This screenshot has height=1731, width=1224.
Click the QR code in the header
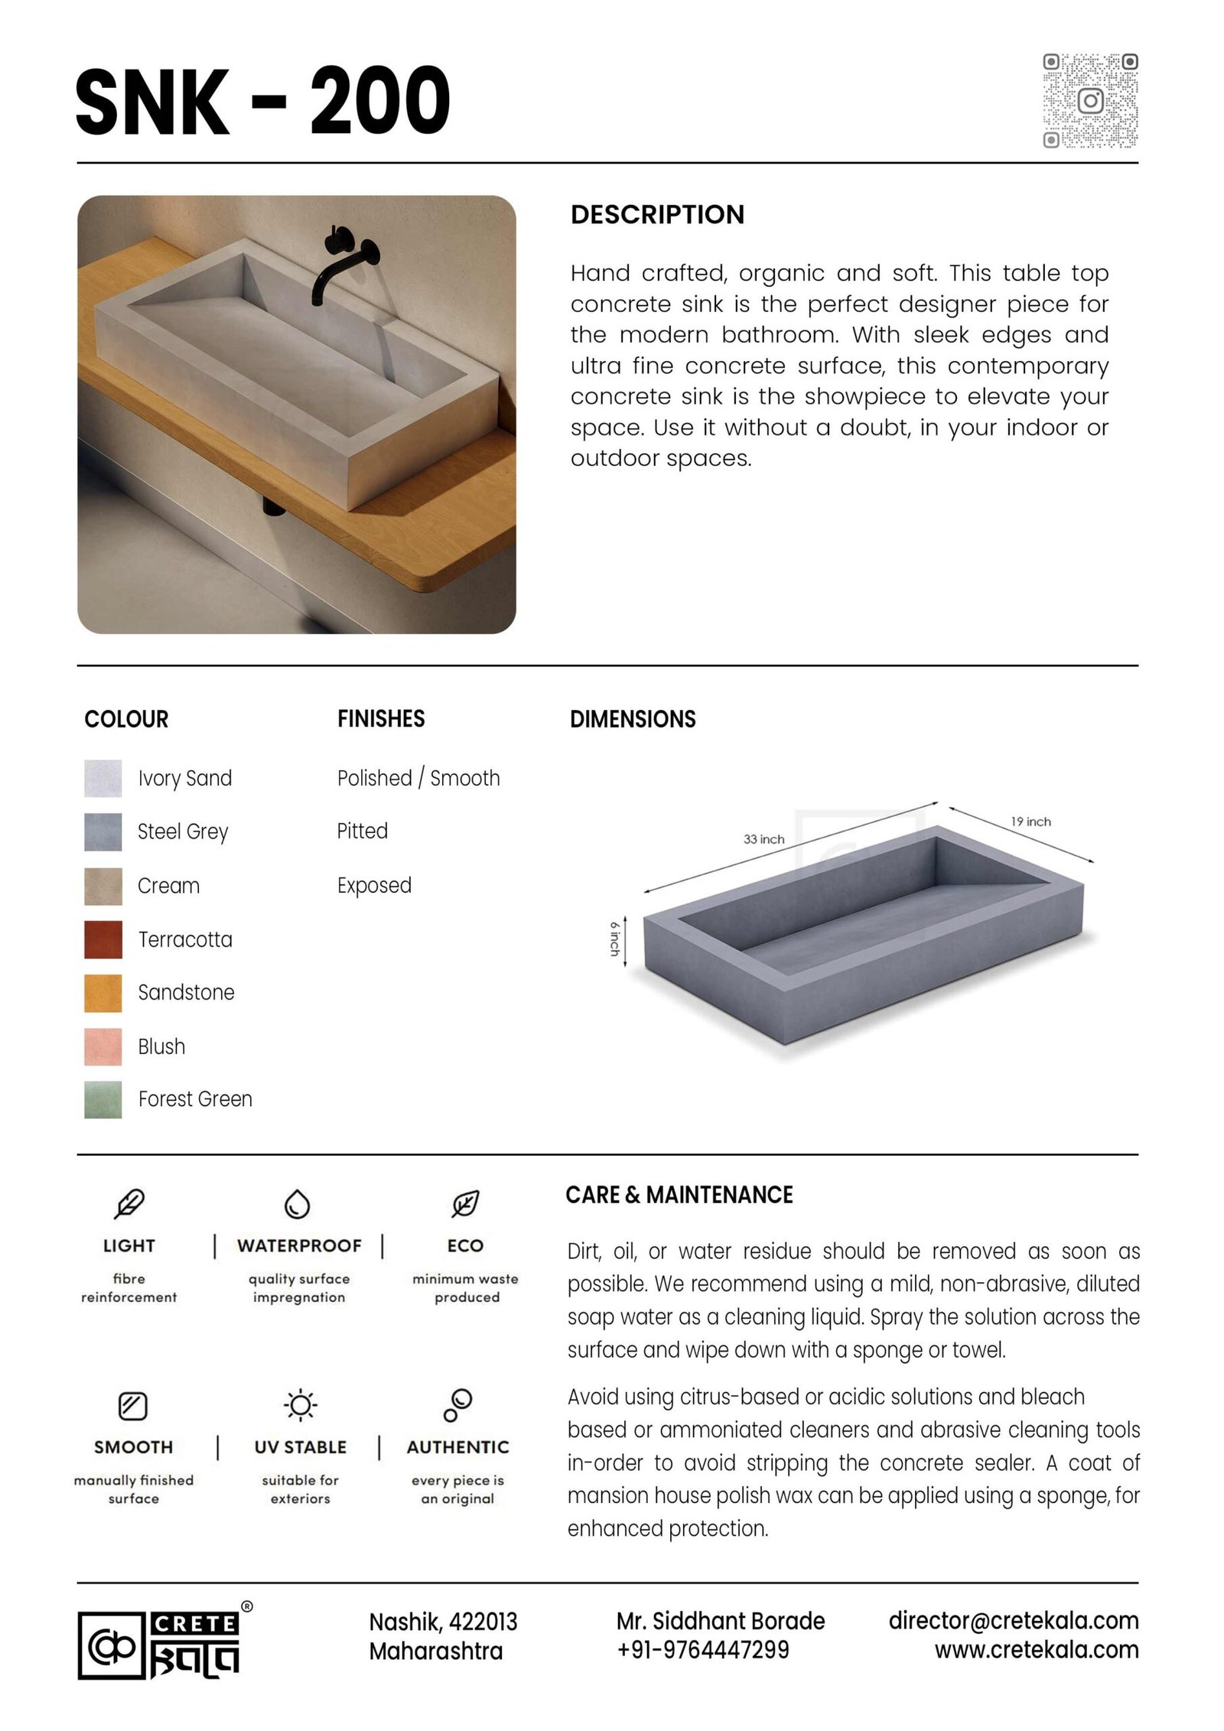(1090, 100)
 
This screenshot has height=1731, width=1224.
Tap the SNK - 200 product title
(262, 101)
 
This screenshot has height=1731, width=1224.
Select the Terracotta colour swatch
(103, 939)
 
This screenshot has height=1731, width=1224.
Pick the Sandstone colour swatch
(103, 993)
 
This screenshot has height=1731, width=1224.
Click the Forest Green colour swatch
(103, 1099)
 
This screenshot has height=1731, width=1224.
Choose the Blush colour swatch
(103, 1046)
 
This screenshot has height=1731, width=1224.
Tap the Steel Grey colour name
(183, 831)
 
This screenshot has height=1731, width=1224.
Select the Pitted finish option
(362, 831)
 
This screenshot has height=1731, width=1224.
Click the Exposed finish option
(374, 885)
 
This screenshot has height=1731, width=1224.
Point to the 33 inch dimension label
(763, 839)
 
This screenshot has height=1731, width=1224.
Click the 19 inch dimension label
(1030, 822)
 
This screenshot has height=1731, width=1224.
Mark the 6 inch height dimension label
(614, 939)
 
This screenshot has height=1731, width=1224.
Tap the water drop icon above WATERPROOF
(297, 1204)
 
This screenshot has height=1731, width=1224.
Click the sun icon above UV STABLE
(300, 1405)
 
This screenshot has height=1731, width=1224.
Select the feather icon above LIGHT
(129, 1204)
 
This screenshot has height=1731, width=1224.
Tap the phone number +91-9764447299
(702, 1650)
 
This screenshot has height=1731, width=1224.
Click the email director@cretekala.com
(1013, 1620)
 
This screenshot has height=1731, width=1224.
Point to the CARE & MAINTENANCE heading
(679, 1195)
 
